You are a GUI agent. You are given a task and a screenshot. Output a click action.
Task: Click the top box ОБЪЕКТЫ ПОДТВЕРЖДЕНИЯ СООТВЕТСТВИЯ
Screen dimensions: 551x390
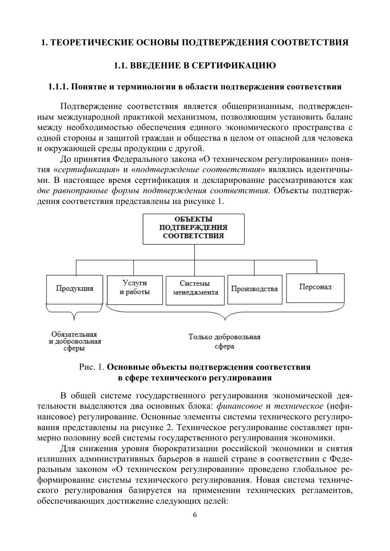point(193,229)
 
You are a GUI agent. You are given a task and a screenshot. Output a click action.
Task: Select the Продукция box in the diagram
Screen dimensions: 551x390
point(74,289)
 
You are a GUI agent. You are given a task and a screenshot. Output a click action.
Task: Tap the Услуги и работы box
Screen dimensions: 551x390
point(135,290)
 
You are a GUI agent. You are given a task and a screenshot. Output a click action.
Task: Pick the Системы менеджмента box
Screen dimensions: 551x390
point(195,291)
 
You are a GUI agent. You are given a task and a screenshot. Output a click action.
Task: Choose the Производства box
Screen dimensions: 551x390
point(254,289)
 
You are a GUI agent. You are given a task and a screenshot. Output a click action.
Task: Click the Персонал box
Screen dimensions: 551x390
point(315,288)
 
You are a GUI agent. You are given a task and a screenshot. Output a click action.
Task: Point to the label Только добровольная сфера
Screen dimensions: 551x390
point(224,341)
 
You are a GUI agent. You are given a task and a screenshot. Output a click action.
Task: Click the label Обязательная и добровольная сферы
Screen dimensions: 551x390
point(75,341)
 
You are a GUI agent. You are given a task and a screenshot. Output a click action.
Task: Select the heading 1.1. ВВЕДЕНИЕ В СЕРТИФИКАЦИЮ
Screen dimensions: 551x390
point(195,66)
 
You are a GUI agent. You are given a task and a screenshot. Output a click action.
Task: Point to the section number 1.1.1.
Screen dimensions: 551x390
point(58,87)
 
